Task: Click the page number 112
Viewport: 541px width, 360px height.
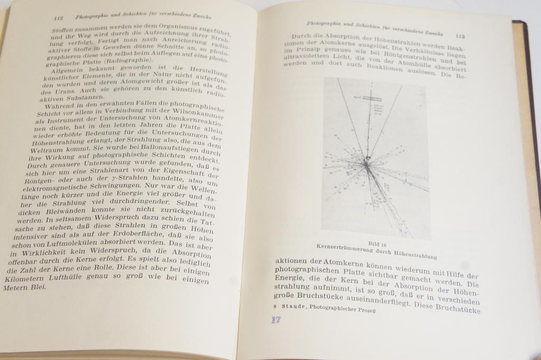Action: [x=59, y=18]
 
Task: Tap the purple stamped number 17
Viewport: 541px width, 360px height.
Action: [x=276, y=320]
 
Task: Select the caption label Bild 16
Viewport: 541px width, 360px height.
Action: [x=378, y=244]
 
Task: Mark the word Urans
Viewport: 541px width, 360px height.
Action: [x=63, y=93]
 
